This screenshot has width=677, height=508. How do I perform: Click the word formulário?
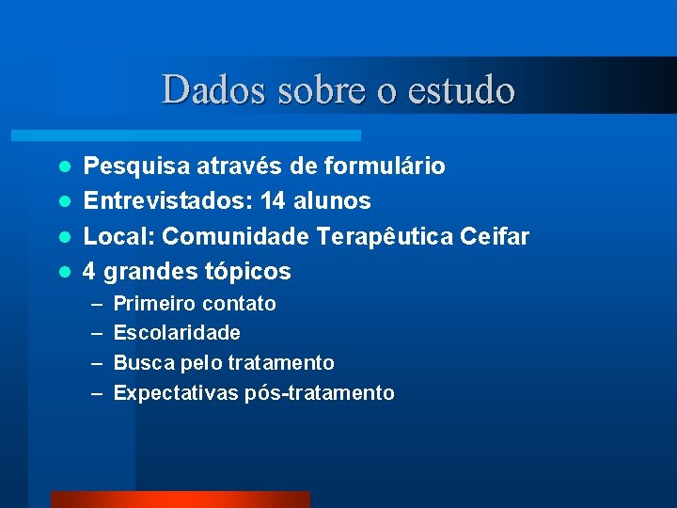pyautogui.click(x=385, y=167)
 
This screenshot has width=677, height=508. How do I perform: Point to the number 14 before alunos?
pyautogui.click(x=274, y=201)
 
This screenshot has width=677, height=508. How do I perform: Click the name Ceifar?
pyautogui.click(x=495, y=236)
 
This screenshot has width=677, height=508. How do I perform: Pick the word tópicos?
pyautogui.click(x=247, y=272)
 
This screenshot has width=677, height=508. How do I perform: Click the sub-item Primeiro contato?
pyautogui.click(x=195, y=304)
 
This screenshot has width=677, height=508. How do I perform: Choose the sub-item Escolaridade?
pyautogui.click(x=177, y=333)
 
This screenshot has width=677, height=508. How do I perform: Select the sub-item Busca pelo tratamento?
pyautogui.click(x=224, y=363)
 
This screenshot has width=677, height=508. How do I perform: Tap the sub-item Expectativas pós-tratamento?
pyautogui.click(x=254, y=393)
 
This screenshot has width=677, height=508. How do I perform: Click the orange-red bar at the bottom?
pyautogui.click(x=180, y=499)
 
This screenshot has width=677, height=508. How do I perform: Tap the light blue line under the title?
pyautogui.click(x=207, y=135)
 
